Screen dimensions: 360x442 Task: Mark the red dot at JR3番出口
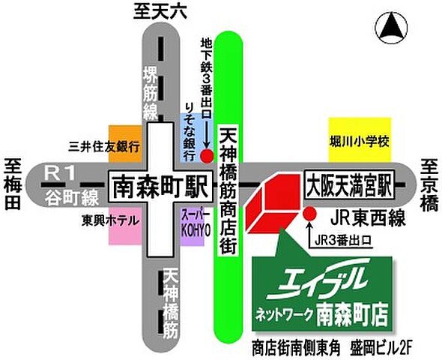309,214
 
